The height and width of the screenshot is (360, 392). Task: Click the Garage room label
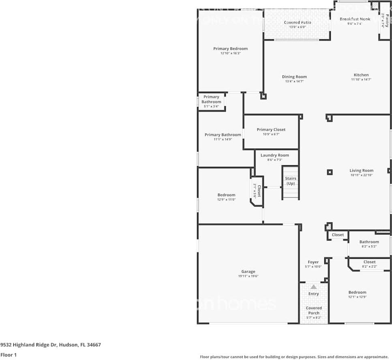[248, 272]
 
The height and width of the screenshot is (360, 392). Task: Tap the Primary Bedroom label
[230, 49]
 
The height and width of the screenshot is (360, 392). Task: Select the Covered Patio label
[298, 23]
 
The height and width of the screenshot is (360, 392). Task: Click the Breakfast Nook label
[354, 19]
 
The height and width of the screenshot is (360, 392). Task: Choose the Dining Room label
[294, 77]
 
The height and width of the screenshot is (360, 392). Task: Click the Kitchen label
[361, 75]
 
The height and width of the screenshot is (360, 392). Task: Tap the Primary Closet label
[271, 130]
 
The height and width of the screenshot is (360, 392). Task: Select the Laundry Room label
[274, 155]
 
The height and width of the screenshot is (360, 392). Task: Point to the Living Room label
[362, 170]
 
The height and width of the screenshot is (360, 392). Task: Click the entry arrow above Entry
[313, 286]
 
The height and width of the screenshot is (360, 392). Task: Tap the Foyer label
[313, 262]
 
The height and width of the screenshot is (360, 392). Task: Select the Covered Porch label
[313, 311]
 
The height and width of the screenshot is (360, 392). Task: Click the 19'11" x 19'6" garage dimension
[248, 276]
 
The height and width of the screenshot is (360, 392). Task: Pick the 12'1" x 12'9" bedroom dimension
[357, 297]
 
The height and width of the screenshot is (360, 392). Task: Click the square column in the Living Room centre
[330, 172]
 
